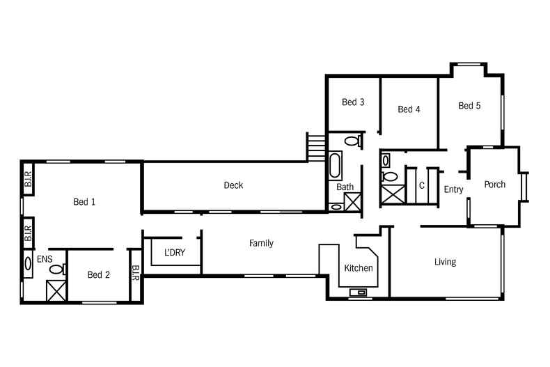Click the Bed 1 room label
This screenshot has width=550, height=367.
point(84,202)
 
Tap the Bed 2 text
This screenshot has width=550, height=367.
point(99,274)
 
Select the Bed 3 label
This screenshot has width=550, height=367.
point(353,102)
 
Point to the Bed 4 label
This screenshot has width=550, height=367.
point(409,109)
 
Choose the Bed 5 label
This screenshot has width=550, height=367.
point(469,106)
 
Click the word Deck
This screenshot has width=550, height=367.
point(233,185)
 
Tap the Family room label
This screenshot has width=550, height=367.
point(261,243)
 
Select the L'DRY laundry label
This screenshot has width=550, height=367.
point(175,252)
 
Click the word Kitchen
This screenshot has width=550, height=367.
point(359,268)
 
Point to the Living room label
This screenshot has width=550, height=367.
point(445,262)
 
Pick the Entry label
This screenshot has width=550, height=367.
point(453,189)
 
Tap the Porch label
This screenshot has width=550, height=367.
point(494,185)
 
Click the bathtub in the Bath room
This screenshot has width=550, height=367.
point(336,166)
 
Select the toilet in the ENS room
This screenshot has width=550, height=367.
point(58,270)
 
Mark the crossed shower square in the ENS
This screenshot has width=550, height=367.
point(56,291)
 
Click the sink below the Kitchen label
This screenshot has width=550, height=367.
point(358,292)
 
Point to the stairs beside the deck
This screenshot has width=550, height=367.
point(316,147)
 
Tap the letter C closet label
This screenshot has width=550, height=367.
point(422,185)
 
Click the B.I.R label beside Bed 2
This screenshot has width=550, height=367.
point(135,273)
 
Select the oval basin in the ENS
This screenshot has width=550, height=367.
point(28,264)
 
